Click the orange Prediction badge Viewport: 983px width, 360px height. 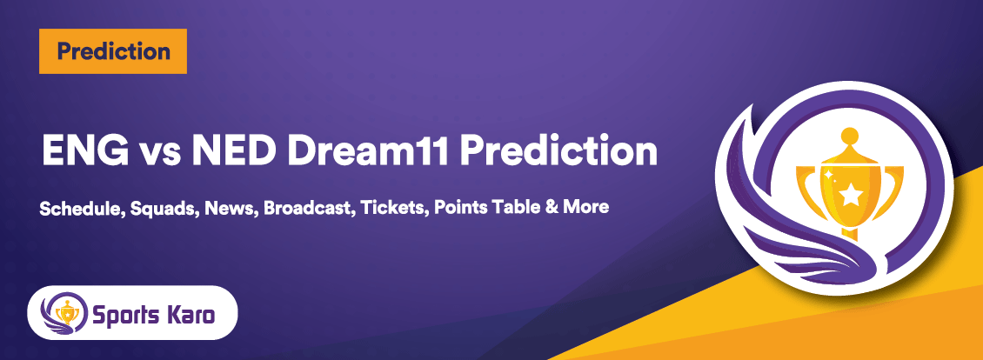point(113,51)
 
